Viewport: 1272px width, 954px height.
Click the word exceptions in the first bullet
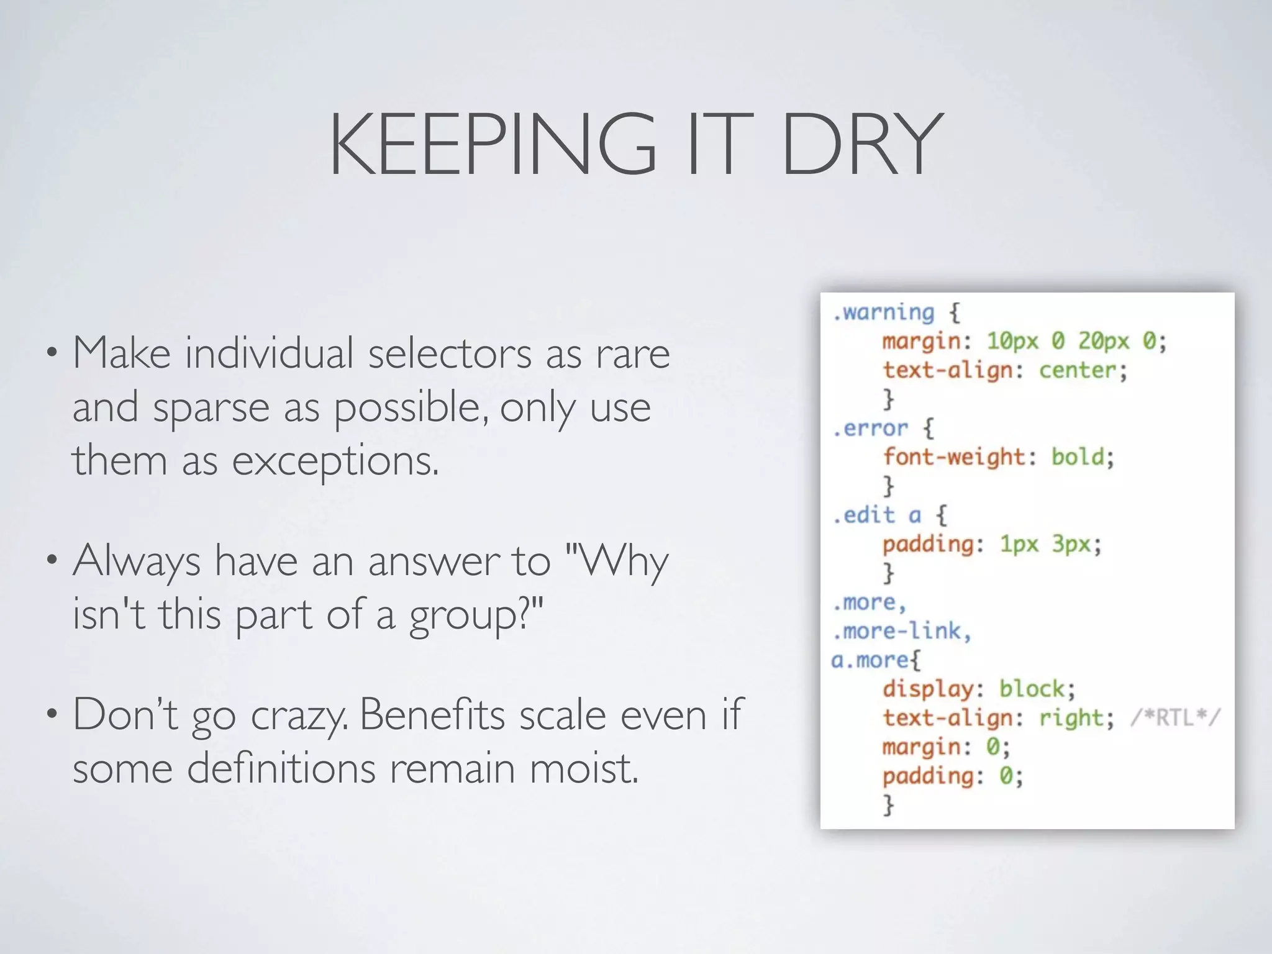335,462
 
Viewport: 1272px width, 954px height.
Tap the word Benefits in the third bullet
432,714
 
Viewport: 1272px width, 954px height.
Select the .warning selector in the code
883,312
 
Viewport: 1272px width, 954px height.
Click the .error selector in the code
870,428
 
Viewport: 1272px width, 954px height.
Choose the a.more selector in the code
870,660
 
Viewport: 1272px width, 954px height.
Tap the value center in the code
1078,370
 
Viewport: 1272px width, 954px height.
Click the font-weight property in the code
954,457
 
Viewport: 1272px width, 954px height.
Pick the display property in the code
928,689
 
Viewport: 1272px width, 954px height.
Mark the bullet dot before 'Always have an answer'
52,560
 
